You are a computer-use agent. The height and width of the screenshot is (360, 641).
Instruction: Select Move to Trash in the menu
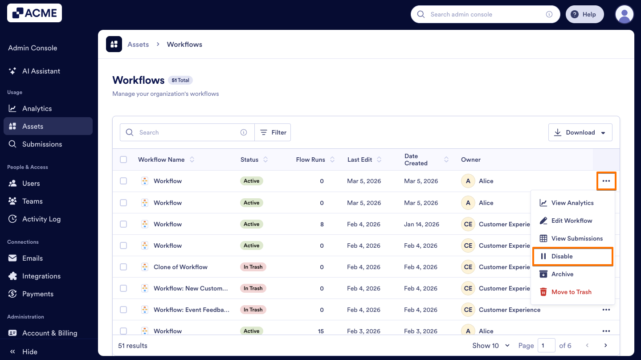tap(571, 292)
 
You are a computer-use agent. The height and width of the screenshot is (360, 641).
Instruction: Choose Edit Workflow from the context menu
tap(572, 221)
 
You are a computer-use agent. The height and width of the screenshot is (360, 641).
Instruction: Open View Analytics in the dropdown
tap(572, 203)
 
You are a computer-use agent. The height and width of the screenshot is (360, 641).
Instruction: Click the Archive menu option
tap(562, 274)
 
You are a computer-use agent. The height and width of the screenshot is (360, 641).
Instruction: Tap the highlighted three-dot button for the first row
tap(606, 181)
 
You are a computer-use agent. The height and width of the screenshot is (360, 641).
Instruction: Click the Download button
tap(580, 133)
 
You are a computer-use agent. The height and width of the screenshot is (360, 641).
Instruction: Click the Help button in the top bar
tap(584, 15)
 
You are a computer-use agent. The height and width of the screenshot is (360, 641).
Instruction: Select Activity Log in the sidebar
tap(41, 219)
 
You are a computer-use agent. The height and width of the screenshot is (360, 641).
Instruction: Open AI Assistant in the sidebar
tap(41, 71)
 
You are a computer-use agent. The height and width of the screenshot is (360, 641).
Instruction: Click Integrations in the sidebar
tap(41, 276)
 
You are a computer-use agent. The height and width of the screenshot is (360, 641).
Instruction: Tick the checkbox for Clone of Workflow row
tap(123, 267)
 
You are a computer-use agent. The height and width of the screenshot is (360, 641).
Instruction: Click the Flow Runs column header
tap(310, 160)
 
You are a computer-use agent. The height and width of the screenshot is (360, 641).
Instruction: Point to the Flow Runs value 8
tap(322, 225)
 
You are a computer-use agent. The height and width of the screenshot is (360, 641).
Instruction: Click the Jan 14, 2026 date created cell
tap(421, 225)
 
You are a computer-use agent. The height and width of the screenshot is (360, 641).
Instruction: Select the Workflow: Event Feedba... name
tap(192, 310)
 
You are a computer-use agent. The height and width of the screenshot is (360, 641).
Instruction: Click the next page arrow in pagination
tap(605, 346)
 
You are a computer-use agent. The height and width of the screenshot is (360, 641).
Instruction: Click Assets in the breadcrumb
tap(138, 45)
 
